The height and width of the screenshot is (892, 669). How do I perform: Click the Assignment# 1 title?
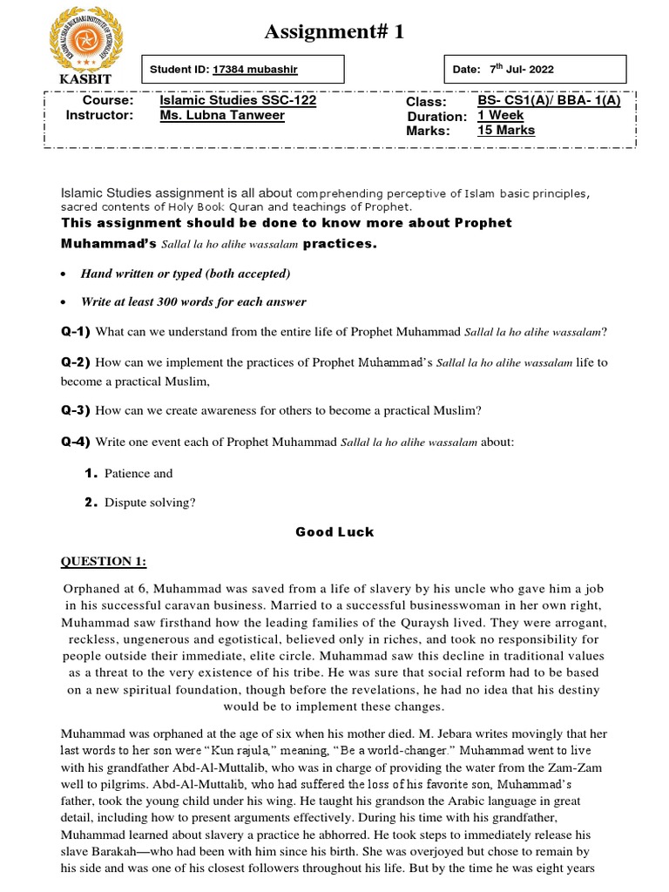334,32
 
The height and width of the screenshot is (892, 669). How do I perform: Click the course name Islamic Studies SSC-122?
238,101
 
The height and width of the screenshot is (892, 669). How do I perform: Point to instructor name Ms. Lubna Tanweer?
222,116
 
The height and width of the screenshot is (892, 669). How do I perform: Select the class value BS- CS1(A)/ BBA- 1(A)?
549,101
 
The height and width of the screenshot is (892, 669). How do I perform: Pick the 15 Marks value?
506,131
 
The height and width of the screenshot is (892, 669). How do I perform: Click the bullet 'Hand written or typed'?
185,274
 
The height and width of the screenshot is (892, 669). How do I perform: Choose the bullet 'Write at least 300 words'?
193,302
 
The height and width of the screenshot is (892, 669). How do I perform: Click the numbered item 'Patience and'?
139,474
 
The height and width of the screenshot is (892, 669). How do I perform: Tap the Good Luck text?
334,532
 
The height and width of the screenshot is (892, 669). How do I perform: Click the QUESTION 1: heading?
104,560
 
